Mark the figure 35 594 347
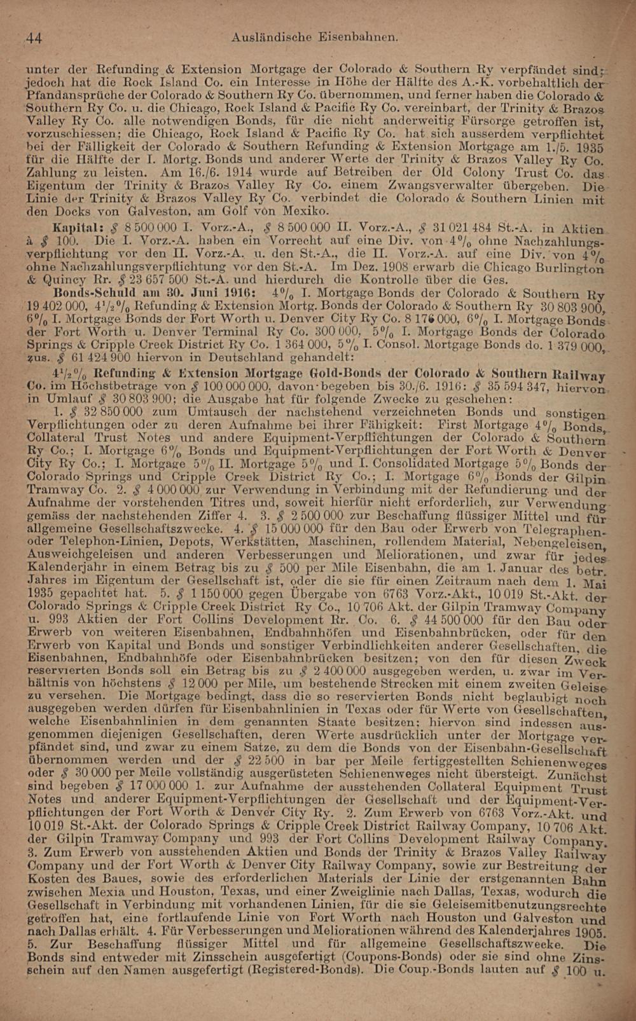click(x=508, y=387)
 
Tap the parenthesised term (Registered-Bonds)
click(x=302, y=970)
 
